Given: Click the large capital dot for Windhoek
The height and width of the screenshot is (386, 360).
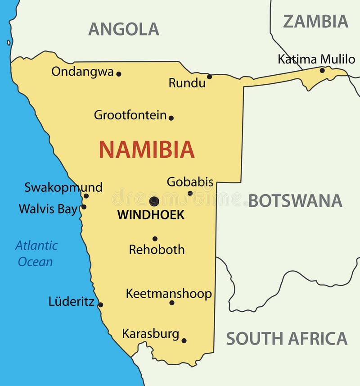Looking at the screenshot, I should (154, 201).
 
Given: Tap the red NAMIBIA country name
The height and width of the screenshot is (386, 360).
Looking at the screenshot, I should (147, 150).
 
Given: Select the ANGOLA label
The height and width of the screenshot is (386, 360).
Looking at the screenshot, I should (123, 29).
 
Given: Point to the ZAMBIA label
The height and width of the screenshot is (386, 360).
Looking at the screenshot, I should (315, 21).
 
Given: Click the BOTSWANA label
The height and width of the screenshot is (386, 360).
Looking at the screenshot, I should (295, 201).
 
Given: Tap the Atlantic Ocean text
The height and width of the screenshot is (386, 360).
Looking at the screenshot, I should (36, 254).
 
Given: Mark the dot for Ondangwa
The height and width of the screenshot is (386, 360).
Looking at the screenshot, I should (119, 74).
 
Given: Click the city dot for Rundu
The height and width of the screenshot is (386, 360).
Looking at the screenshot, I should (209, 77).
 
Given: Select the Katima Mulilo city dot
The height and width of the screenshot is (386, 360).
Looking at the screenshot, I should (322, 70).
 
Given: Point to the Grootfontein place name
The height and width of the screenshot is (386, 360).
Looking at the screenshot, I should (130, 115).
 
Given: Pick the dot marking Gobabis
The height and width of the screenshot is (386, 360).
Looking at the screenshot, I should (190, 193).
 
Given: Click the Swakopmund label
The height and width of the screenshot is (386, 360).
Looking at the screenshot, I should (63, 187).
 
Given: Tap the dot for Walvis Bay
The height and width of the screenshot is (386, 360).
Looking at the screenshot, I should (84, 207).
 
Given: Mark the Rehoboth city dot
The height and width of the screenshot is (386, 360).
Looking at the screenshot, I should (155, 239).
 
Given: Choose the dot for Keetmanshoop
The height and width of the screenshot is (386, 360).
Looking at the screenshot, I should (172, 303).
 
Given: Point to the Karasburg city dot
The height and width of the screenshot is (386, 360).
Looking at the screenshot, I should (184, 341).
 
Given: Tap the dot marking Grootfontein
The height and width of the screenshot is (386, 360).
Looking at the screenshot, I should (171, 118).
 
